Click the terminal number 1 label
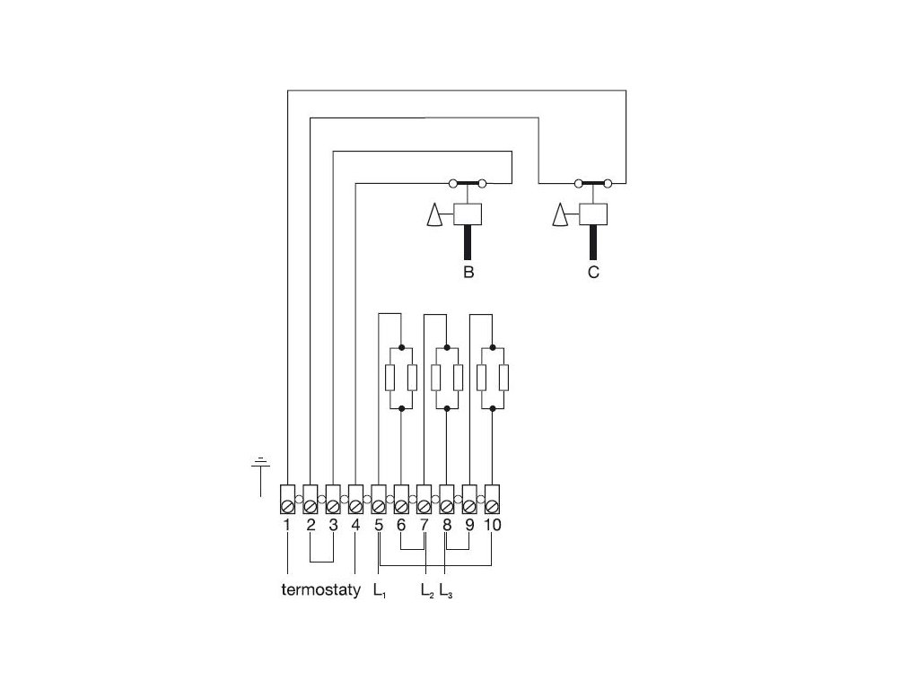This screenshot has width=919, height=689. [x=286, y=525]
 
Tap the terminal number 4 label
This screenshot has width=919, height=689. [x=355, y=525]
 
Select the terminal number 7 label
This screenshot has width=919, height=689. [x=424, y=525]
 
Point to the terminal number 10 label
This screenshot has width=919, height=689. [x=492, y=525]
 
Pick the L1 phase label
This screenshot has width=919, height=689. [x=379, y=591]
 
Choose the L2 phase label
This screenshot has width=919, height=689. [x=426, y=591]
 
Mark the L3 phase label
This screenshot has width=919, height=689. [x=445, y=591]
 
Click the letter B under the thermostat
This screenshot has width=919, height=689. [x=468, y=273]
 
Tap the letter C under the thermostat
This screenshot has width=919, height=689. [x=593, y=273]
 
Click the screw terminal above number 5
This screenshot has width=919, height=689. [x=378, y=495]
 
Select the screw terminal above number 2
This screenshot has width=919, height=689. [x=310, y=495]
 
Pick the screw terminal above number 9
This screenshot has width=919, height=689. [x=468, y=495]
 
